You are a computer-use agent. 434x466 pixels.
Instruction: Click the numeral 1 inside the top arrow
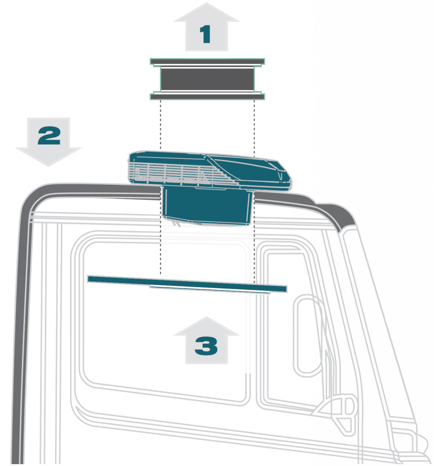coord(206,35)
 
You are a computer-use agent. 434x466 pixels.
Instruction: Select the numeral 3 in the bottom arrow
coord(206,347)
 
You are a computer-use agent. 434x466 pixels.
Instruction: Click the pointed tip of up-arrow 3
coord(206,318)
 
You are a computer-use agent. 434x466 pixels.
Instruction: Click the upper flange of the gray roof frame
coord(207,61)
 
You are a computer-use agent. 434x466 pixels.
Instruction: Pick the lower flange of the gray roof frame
coord(207,96)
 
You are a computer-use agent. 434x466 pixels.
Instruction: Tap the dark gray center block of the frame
coord(207,79)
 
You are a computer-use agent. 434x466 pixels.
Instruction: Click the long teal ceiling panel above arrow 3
coord(187,282)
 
